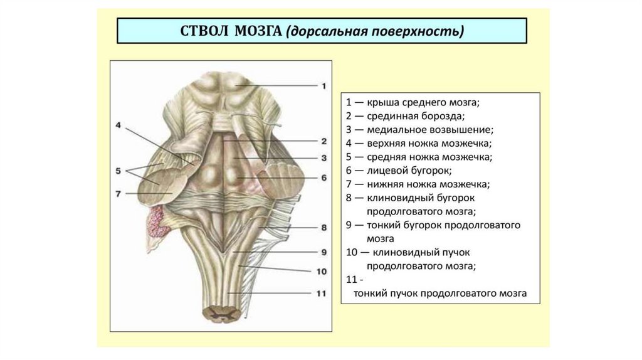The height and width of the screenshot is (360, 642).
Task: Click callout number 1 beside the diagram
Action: (x=324, y=86)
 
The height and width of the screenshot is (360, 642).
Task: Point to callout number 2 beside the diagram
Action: (x=324, y=141)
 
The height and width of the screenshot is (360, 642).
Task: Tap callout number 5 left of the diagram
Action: (x=118, y=170)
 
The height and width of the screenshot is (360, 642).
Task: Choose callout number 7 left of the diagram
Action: (x=118, y=193)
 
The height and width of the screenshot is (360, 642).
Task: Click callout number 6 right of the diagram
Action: (x=324, y=178)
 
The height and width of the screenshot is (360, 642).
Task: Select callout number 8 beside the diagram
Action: (x=324, y=228)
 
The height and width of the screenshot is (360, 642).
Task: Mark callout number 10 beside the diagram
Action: (x=322, y=272)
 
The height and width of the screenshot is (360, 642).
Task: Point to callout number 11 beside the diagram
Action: (x=322, y=293)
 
